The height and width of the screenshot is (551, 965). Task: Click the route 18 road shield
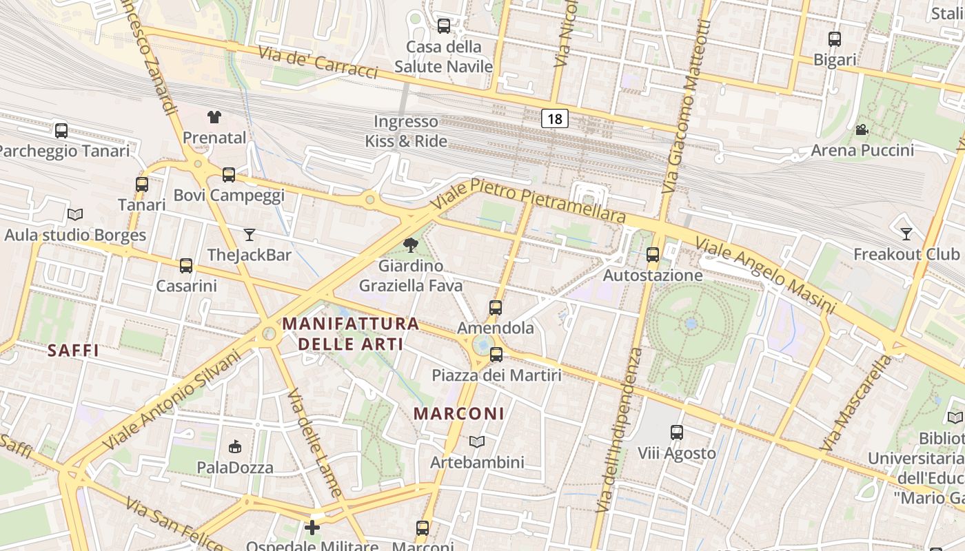click(x=554, y=118)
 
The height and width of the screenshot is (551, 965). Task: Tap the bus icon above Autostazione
click(x=653, y=255)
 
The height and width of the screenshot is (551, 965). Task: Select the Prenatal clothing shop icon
click(x=214, y=117)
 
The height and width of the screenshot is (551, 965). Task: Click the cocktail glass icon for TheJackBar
click(x=249, y=235)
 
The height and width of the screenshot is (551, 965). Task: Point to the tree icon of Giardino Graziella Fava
click(x=411, y=245)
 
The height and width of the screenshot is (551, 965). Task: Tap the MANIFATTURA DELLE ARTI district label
click(x=351, y=333)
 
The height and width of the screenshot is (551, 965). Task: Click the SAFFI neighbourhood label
click(x=73, y=351)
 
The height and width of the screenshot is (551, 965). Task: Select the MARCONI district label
click(x=459, y=414)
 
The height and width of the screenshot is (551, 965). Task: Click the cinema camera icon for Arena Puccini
click(x=862, y=129)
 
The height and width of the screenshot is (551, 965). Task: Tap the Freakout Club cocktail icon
click(x=906, y=234)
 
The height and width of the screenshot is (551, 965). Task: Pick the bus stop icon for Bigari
click(x=835, y=39)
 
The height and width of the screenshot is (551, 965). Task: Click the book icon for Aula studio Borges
click(x=75, y=215)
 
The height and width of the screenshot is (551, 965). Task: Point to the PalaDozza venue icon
click(x=235, y=447)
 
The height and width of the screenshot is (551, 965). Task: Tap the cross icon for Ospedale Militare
click(x=312, y=528)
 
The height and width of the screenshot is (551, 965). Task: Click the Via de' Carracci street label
click(x=318, y=63)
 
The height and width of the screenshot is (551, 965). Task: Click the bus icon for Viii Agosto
click(x=677, y=433)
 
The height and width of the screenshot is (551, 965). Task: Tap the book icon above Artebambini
click(x=477, y=441)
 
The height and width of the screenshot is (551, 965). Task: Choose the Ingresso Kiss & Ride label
click(x=406, y=132)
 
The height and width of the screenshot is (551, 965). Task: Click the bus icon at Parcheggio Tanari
click(x=61, y=130)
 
